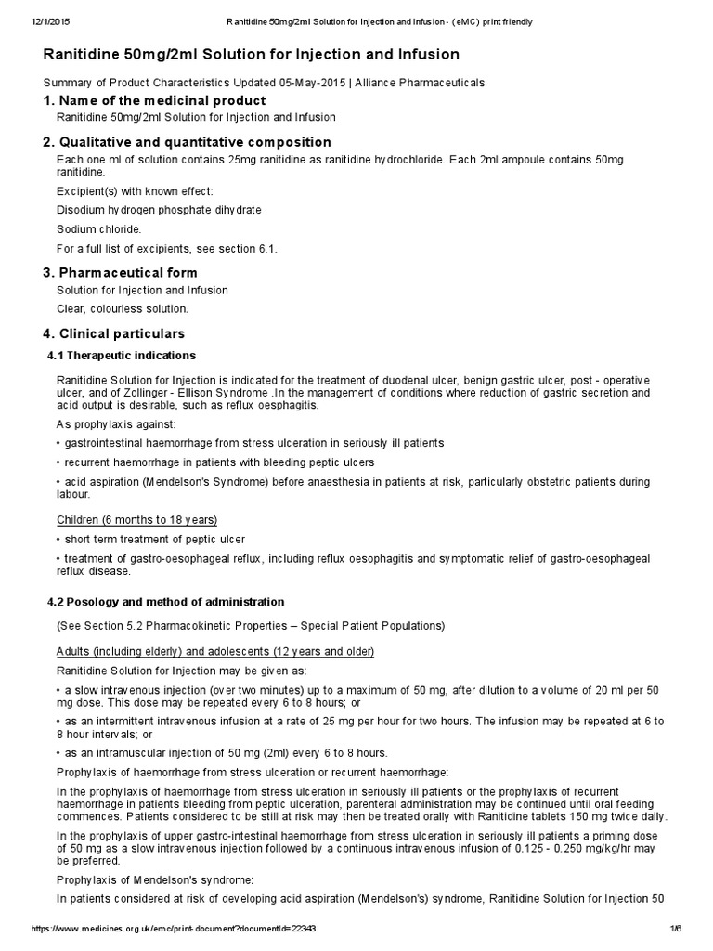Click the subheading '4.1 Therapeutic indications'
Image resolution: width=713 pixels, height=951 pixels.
pos(121,356)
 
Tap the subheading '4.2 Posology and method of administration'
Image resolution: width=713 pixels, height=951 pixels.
pos(165,602)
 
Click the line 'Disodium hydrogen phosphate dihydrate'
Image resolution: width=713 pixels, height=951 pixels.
pos(160,210)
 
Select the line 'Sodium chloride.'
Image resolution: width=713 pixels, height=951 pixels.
pos(99,228)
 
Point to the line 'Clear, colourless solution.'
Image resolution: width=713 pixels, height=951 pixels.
pos(123,308)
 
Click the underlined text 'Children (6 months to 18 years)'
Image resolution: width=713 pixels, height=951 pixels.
pos(137,519)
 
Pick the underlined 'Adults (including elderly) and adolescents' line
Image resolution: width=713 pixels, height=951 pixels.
pos(215,651)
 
